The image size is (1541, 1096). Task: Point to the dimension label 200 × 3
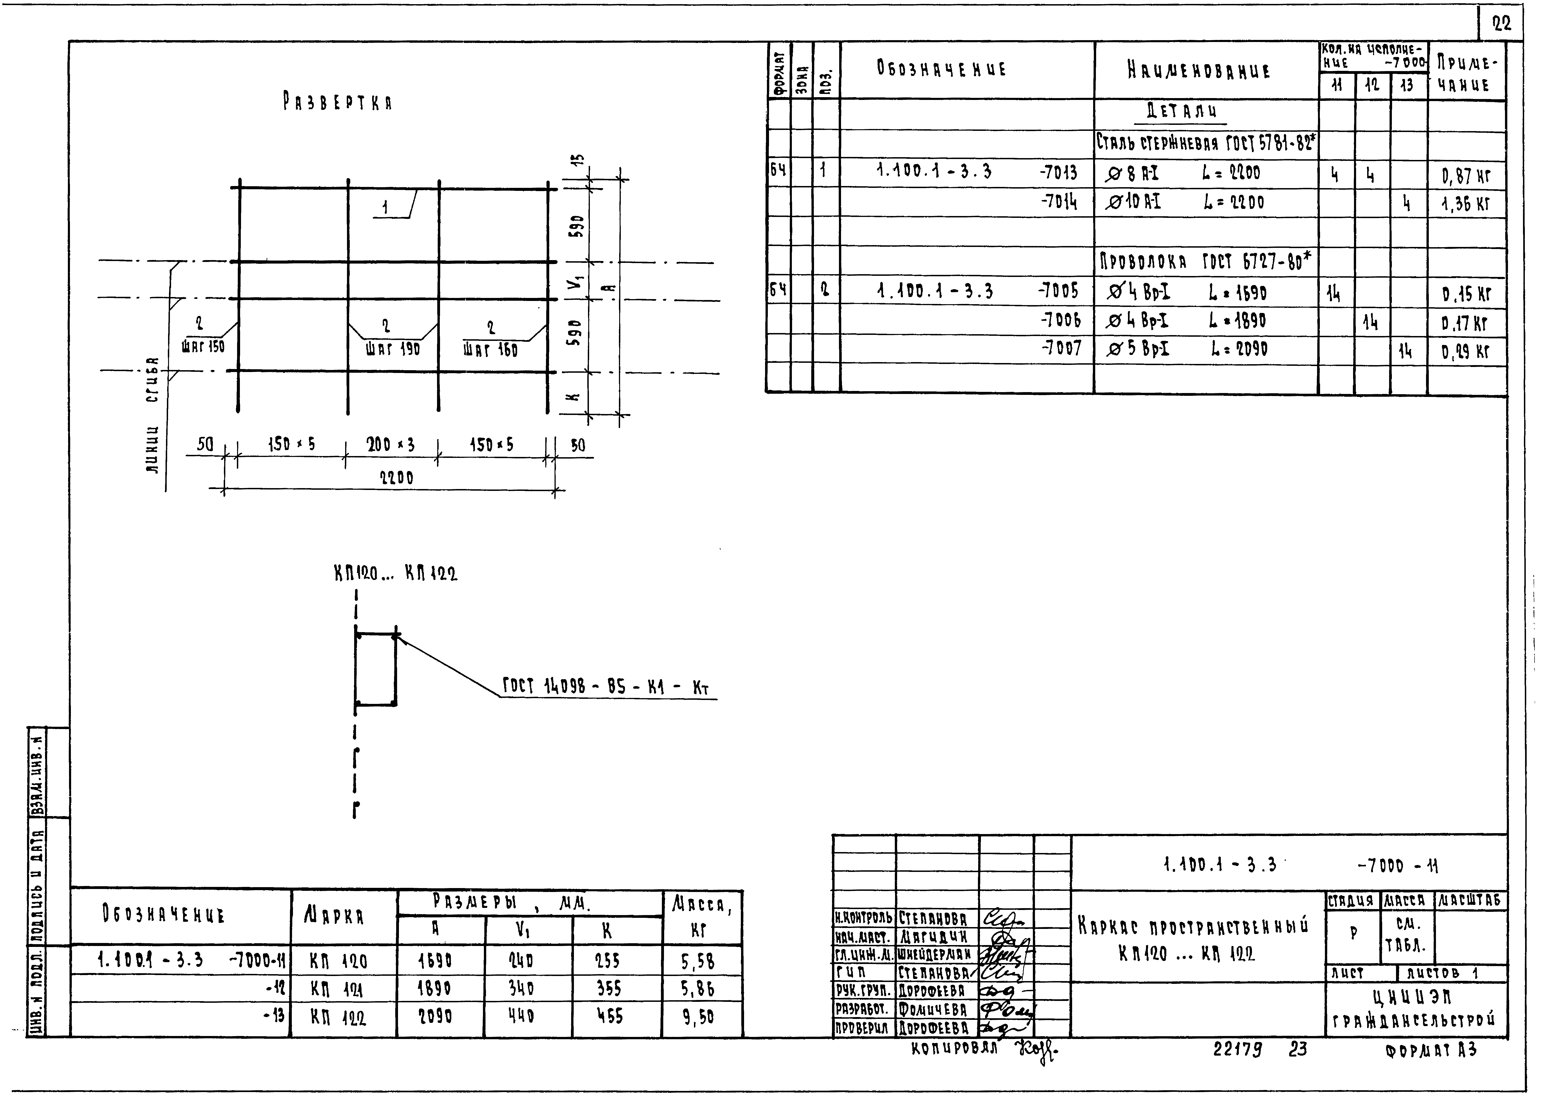391,445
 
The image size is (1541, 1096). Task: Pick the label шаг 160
491,350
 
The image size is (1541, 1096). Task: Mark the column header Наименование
1198,71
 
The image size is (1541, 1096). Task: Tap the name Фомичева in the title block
934,1010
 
